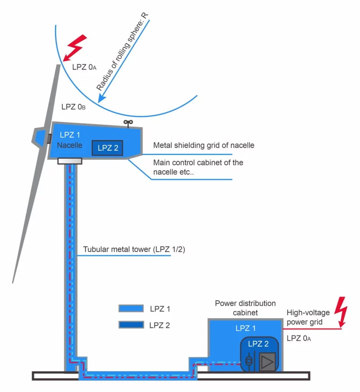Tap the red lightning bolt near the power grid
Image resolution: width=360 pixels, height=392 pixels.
coord(340,310)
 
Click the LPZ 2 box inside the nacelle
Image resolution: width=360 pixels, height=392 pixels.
coord(108,148)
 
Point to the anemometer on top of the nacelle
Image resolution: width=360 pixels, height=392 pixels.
coord(128,123)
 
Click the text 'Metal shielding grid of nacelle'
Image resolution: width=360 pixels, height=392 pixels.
coord(204,145)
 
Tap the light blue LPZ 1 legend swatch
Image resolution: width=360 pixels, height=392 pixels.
coord(130,309)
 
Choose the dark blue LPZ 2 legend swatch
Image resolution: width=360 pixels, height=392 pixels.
coord(130,325)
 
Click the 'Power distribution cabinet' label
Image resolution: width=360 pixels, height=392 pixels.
coord(245,308)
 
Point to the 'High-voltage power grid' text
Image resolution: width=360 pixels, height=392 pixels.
coord(308,317)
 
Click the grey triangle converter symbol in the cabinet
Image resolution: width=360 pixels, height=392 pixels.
coord(266,361)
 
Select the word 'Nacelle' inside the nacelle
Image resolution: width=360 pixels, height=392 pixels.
coord(69,145)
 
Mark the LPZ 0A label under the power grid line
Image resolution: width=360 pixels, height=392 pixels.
coord(298,338)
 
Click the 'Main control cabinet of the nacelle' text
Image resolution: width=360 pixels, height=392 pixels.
coord(198,167)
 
